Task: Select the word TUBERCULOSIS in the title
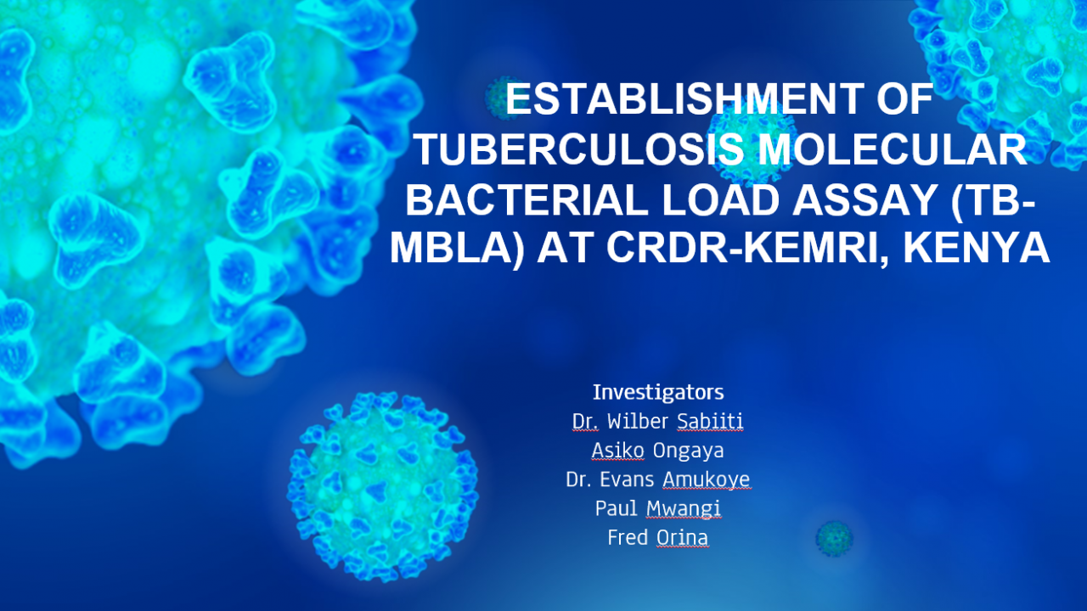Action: click(580, 149)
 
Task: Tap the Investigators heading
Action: click(658, 392)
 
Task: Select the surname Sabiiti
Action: click(710, 421)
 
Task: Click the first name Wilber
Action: click(638, 421)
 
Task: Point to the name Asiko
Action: click(617, 450)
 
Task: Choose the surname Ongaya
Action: click(688, 451)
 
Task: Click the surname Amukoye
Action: click(707, 480)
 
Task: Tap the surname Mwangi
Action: click(684, 509)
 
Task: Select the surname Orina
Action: click(682, 537)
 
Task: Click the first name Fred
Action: click(628, 537)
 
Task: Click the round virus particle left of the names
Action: click(383, 486)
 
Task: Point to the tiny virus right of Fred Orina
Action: click(834, 538)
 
